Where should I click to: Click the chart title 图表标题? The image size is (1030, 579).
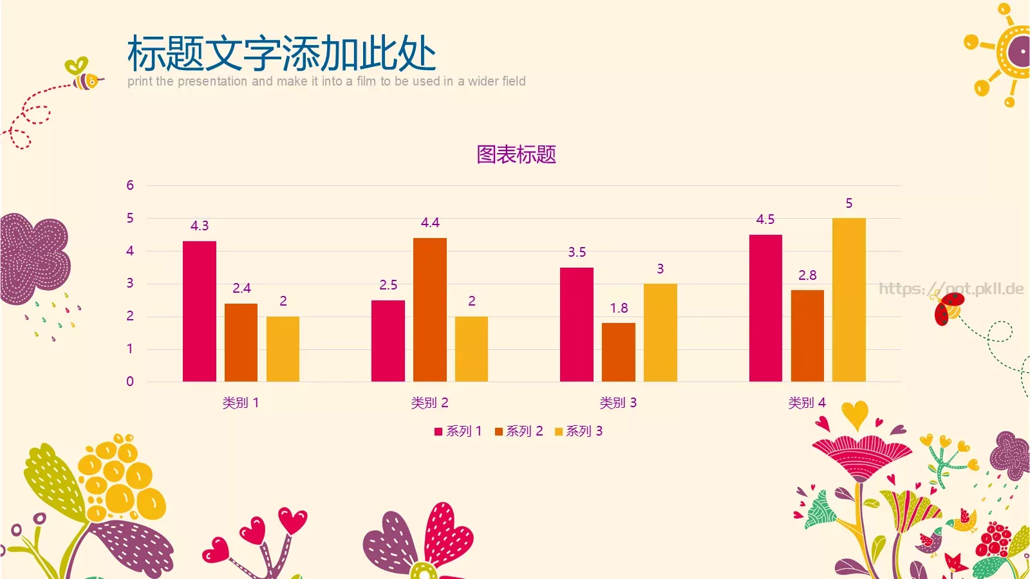coord(516,154)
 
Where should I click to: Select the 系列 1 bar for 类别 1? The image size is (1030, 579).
coord(200,311)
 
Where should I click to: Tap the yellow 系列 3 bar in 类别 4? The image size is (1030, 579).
coord(848,300)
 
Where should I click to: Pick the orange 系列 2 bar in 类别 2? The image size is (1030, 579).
coord(430,309)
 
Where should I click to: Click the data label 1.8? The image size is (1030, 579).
coord(619,308)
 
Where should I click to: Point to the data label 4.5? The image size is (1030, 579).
coord(765,219)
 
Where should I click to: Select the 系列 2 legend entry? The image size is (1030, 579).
coord(519,431)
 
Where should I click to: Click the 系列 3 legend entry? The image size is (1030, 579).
coord(579,431)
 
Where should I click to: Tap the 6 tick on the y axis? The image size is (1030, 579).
coord(130,185)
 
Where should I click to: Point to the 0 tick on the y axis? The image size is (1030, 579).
coord(130,381)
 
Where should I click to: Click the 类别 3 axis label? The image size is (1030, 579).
coord(618,403)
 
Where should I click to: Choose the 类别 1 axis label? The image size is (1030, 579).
coord(240,403)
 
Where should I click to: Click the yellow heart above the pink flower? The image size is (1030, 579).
coord(855,414)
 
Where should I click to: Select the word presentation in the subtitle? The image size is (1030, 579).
coord(212,81)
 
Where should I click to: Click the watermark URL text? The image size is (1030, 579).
coord(951,288)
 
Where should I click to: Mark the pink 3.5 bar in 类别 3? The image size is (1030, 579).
coord(577,324)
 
